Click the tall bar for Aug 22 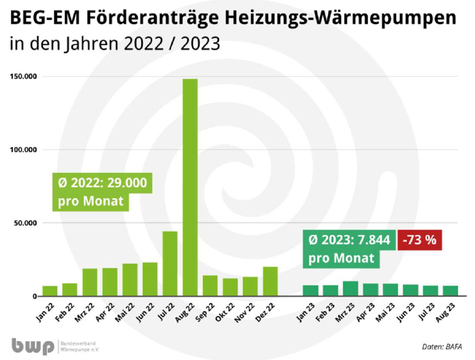190,187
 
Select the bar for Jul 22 170,264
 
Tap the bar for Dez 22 270,281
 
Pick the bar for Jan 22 50,291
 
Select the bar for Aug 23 451,291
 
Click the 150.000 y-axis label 24,77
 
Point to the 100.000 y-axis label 24,150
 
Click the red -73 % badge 421,240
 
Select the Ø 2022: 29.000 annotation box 102,193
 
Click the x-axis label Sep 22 205,312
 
